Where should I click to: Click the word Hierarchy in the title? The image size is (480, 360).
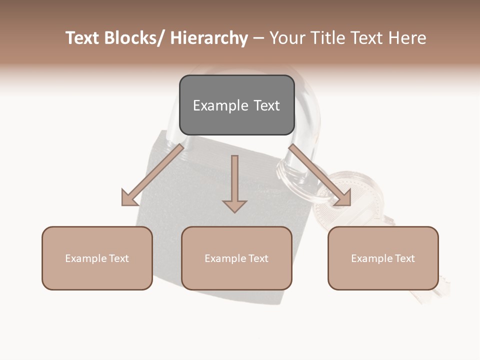pos(209,38)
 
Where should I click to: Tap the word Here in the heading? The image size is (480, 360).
pos(407,38)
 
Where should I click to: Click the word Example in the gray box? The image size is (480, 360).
pos(214,105)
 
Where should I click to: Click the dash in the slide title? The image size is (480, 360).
pos(258,38)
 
